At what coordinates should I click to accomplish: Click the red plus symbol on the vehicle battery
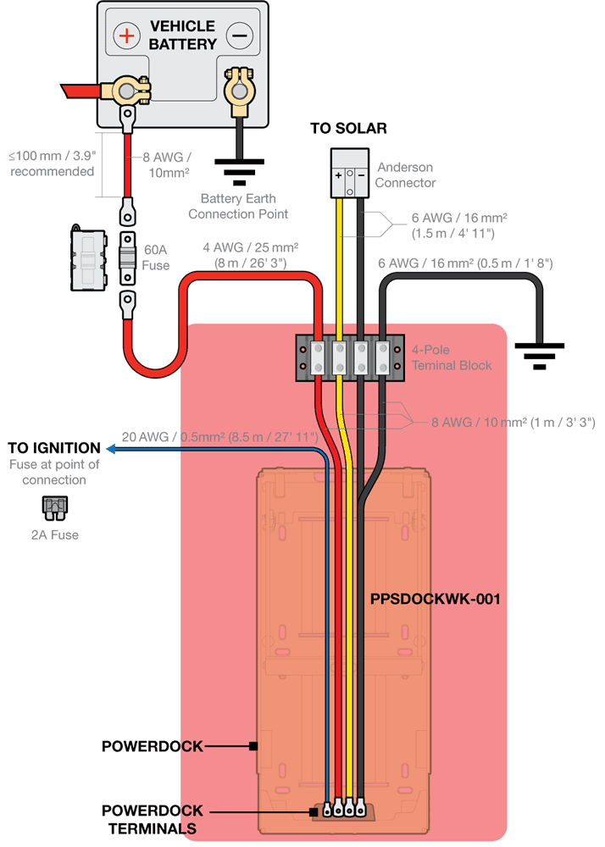[127, 36]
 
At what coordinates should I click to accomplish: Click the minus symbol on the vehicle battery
[240, 36]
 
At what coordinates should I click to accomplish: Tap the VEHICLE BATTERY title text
[182, 35]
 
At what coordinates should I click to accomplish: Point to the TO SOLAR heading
[348, 129]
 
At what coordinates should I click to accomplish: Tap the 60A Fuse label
[157, 257]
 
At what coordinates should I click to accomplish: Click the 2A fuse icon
[54, 508]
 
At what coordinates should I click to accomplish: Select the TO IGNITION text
[54, 448]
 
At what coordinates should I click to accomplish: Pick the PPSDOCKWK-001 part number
[435, 599]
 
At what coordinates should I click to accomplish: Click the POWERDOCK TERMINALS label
[153, 819]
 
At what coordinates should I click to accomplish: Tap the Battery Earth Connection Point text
[238, 207]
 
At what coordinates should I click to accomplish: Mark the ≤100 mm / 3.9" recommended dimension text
[51, 163]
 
